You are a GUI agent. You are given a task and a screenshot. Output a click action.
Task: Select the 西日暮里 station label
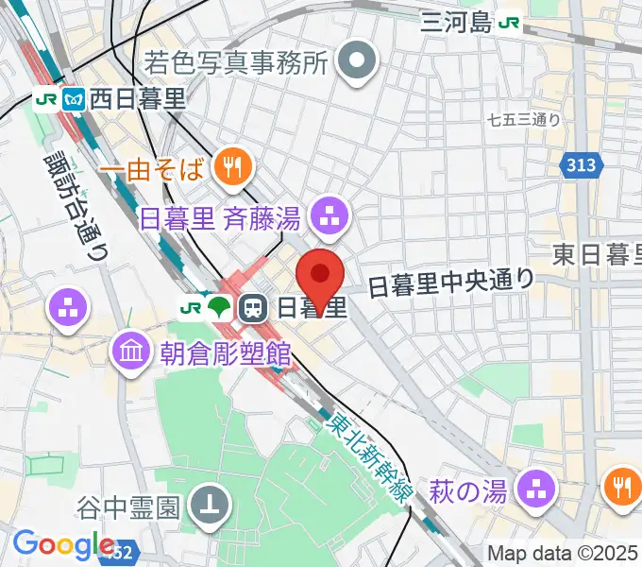(x=139, y=97)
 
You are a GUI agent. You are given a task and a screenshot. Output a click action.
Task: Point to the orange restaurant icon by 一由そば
(x=230, y=169)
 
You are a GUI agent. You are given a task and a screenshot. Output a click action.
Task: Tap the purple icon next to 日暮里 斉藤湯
(x=329, y=218)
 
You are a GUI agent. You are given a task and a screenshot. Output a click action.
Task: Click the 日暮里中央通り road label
(x=450, y=281)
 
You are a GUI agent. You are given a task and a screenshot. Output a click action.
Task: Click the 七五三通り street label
(x=524, y=120)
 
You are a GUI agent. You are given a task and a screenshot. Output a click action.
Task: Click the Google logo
(x=63, y=544)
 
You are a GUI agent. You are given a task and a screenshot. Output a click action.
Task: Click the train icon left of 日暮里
(x=251, y=307)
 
